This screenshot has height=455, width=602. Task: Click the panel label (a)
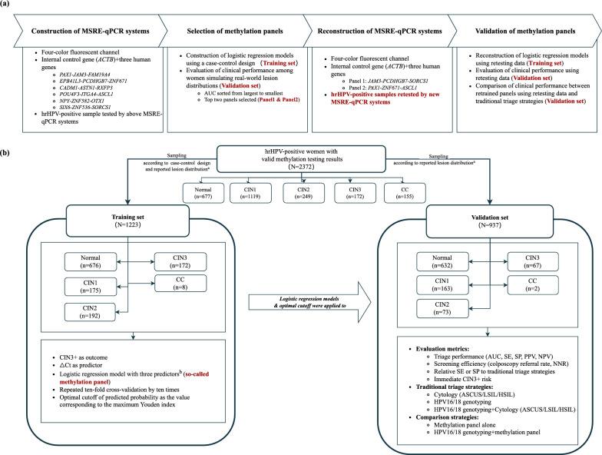(8, 5)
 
